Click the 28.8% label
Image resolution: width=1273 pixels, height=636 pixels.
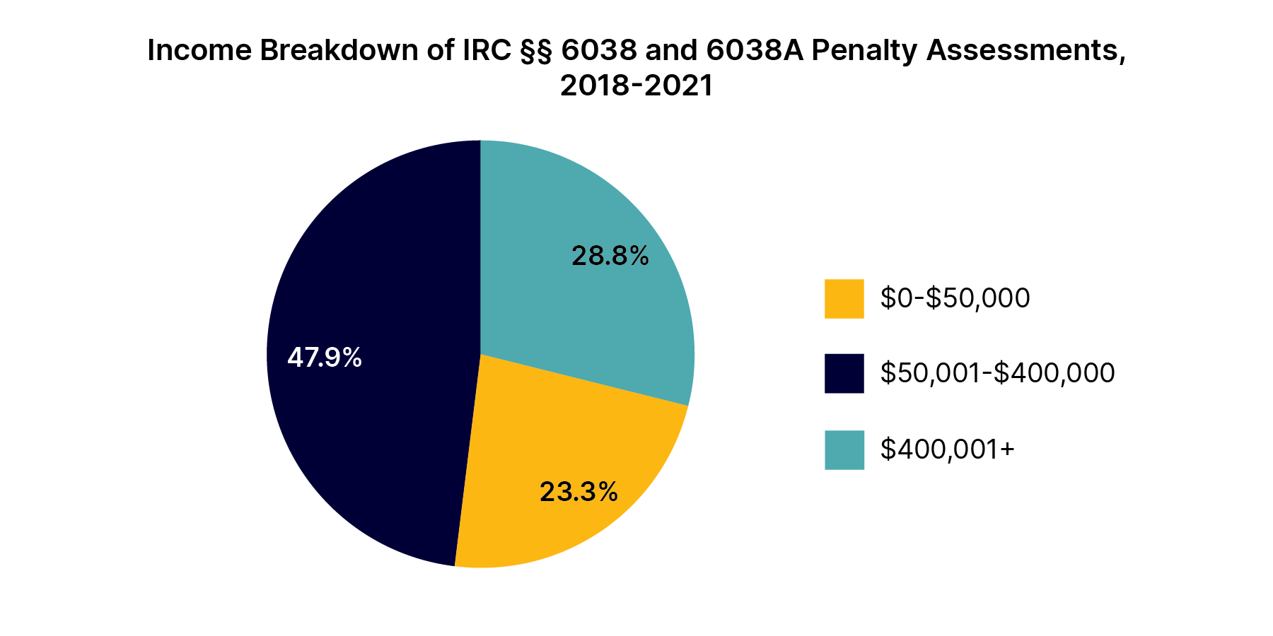pyautogui.click(x=610, y=256)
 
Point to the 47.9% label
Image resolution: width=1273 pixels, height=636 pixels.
pyautogui.click(x=325, y=358)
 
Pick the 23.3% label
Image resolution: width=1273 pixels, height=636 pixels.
pyautogui.click(x=579, y=492)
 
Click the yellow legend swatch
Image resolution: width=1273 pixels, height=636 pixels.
pyautogui.click(x=844, y=299)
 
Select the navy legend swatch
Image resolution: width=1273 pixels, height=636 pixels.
pyautogui.click(x=844, y=373)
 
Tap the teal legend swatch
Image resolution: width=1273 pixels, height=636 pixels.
pyautogui.click(x=844, y=450)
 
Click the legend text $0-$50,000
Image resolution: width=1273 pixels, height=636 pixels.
pyautogui.click(x=955, y=298)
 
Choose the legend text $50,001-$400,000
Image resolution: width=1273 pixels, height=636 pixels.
pyautogui.click(x=997, y=373)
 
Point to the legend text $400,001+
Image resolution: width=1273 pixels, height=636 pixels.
pyautogui.click(x=947, y=449)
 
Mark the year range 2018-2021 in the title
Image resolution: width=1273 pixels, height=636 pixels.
pyautogui.click(x=636, y=86)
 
